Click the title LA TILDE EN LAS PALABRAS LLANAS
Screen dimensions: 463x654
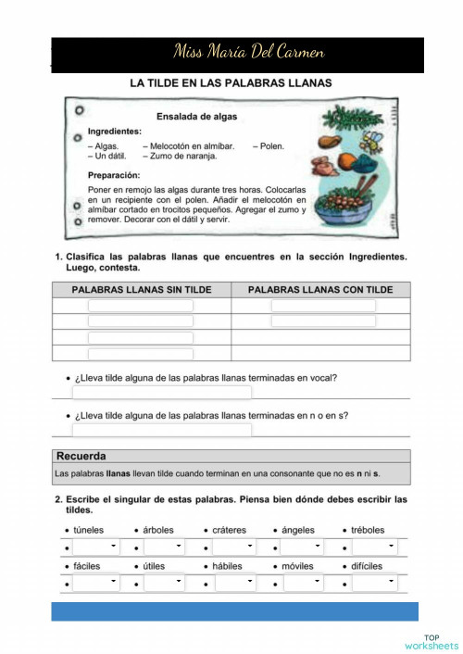[x=231, y=83]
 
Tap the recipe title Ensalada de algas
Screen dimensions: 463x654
[x=197, y=117]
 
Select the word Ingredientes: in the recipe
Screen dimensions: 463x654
[x=114, y=132]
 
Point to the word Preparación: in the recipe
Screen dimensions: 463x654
[x=114, y=174]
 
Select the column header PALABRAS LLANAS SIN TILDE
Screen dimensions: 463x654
[x=142, y=290]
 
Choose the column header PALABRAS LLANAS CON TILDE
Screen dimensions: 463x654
[x=320, y=290]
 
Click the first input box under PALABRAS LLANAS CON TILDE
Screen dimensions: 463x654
[x=323, y=306]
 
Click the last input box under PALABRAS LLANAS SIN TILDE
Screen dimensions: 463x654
[x=141, y=354]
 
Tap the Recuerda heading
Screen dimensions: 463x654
[x=81, y=456]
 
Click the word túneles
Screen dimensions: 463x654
[x=89, y=530]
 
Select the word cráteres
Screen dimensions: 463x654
[x=231, y=530]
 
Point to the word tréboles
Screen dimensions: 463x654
[x=368, y=530]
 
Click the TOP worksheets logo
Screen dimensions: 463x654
[x=432, y=641]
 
